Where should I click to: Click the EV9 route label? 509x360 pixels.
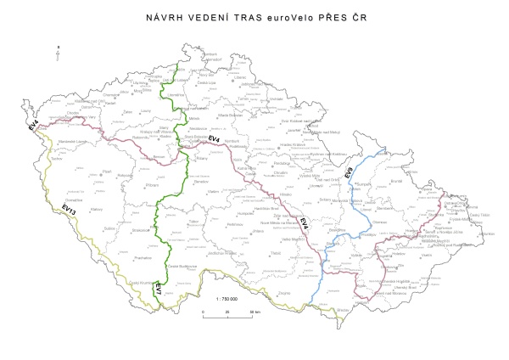click(x=350, y=172)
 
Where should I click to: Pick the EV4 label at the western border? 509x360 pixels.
click(x=31, y=127)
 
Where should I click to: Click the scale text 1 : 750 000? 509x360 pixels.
click(x=227, y=299)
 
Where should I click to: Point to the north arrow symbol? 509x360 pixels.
click(x=56, y=53)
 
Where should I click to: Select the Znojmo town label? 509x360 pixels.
click(x=284, y=293)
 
